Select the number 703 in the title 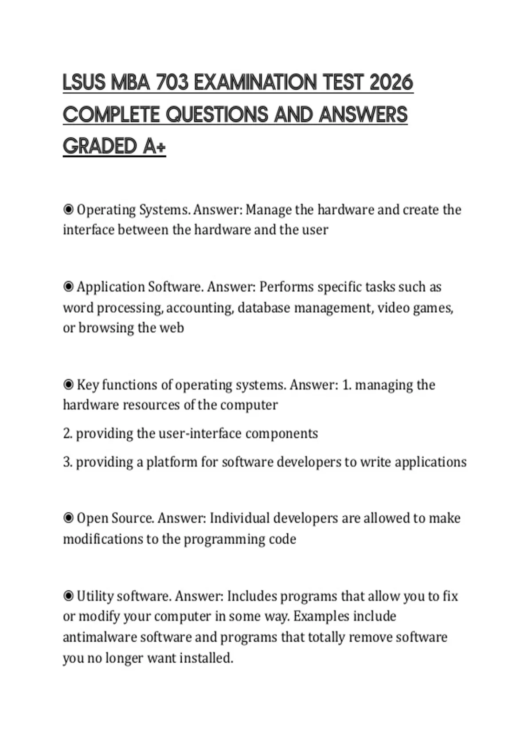[x=172, y=83]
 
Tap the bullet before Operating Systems [x=68, y=209]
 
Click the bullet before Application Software [x=68, y=287]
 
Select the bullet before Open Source [x=68, y=518]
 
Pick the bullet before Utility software [x=68, y=596]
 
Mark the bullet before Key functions [x=68, y=385]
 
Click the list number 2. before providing [x=67, y=433]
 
